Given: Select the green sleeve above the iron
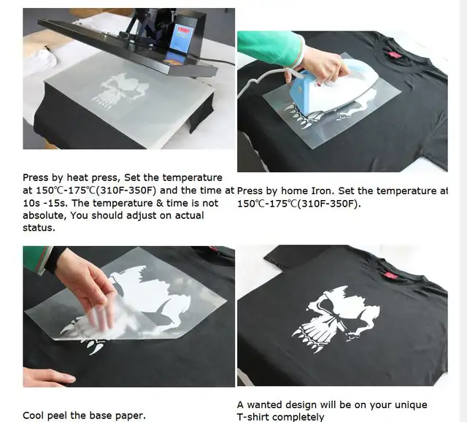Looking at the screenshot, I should [x=270, y=48].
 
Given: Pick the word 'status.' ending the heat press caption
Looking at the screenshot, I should [x=41, y=228].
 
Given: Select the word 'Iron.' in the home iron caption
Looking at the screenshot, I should [x=325, y=191].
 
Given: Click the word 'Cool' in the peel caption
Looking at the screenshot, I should [x=35, y=415].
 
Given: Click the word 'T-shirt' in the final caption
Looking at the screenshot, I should [x=256, y=417].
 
